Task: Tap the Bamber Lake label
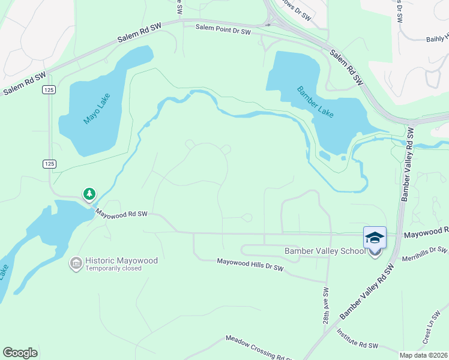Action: point(316,102)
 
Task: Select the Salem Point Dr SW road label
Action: point(223,29)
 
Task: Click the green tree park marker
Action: point(89,194)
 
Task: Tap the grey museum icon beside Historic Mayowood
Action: point(76,263)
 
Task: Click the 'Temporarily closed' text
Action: point(113,269)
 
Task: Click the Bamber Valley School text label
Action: point(324,251)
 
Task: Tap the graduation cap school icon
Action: point(375,238)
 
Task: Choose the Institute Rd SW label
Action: point(357,339)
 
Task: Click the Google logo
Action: point(20,353)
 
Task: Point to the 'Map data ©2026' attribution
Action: point(423,355)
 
